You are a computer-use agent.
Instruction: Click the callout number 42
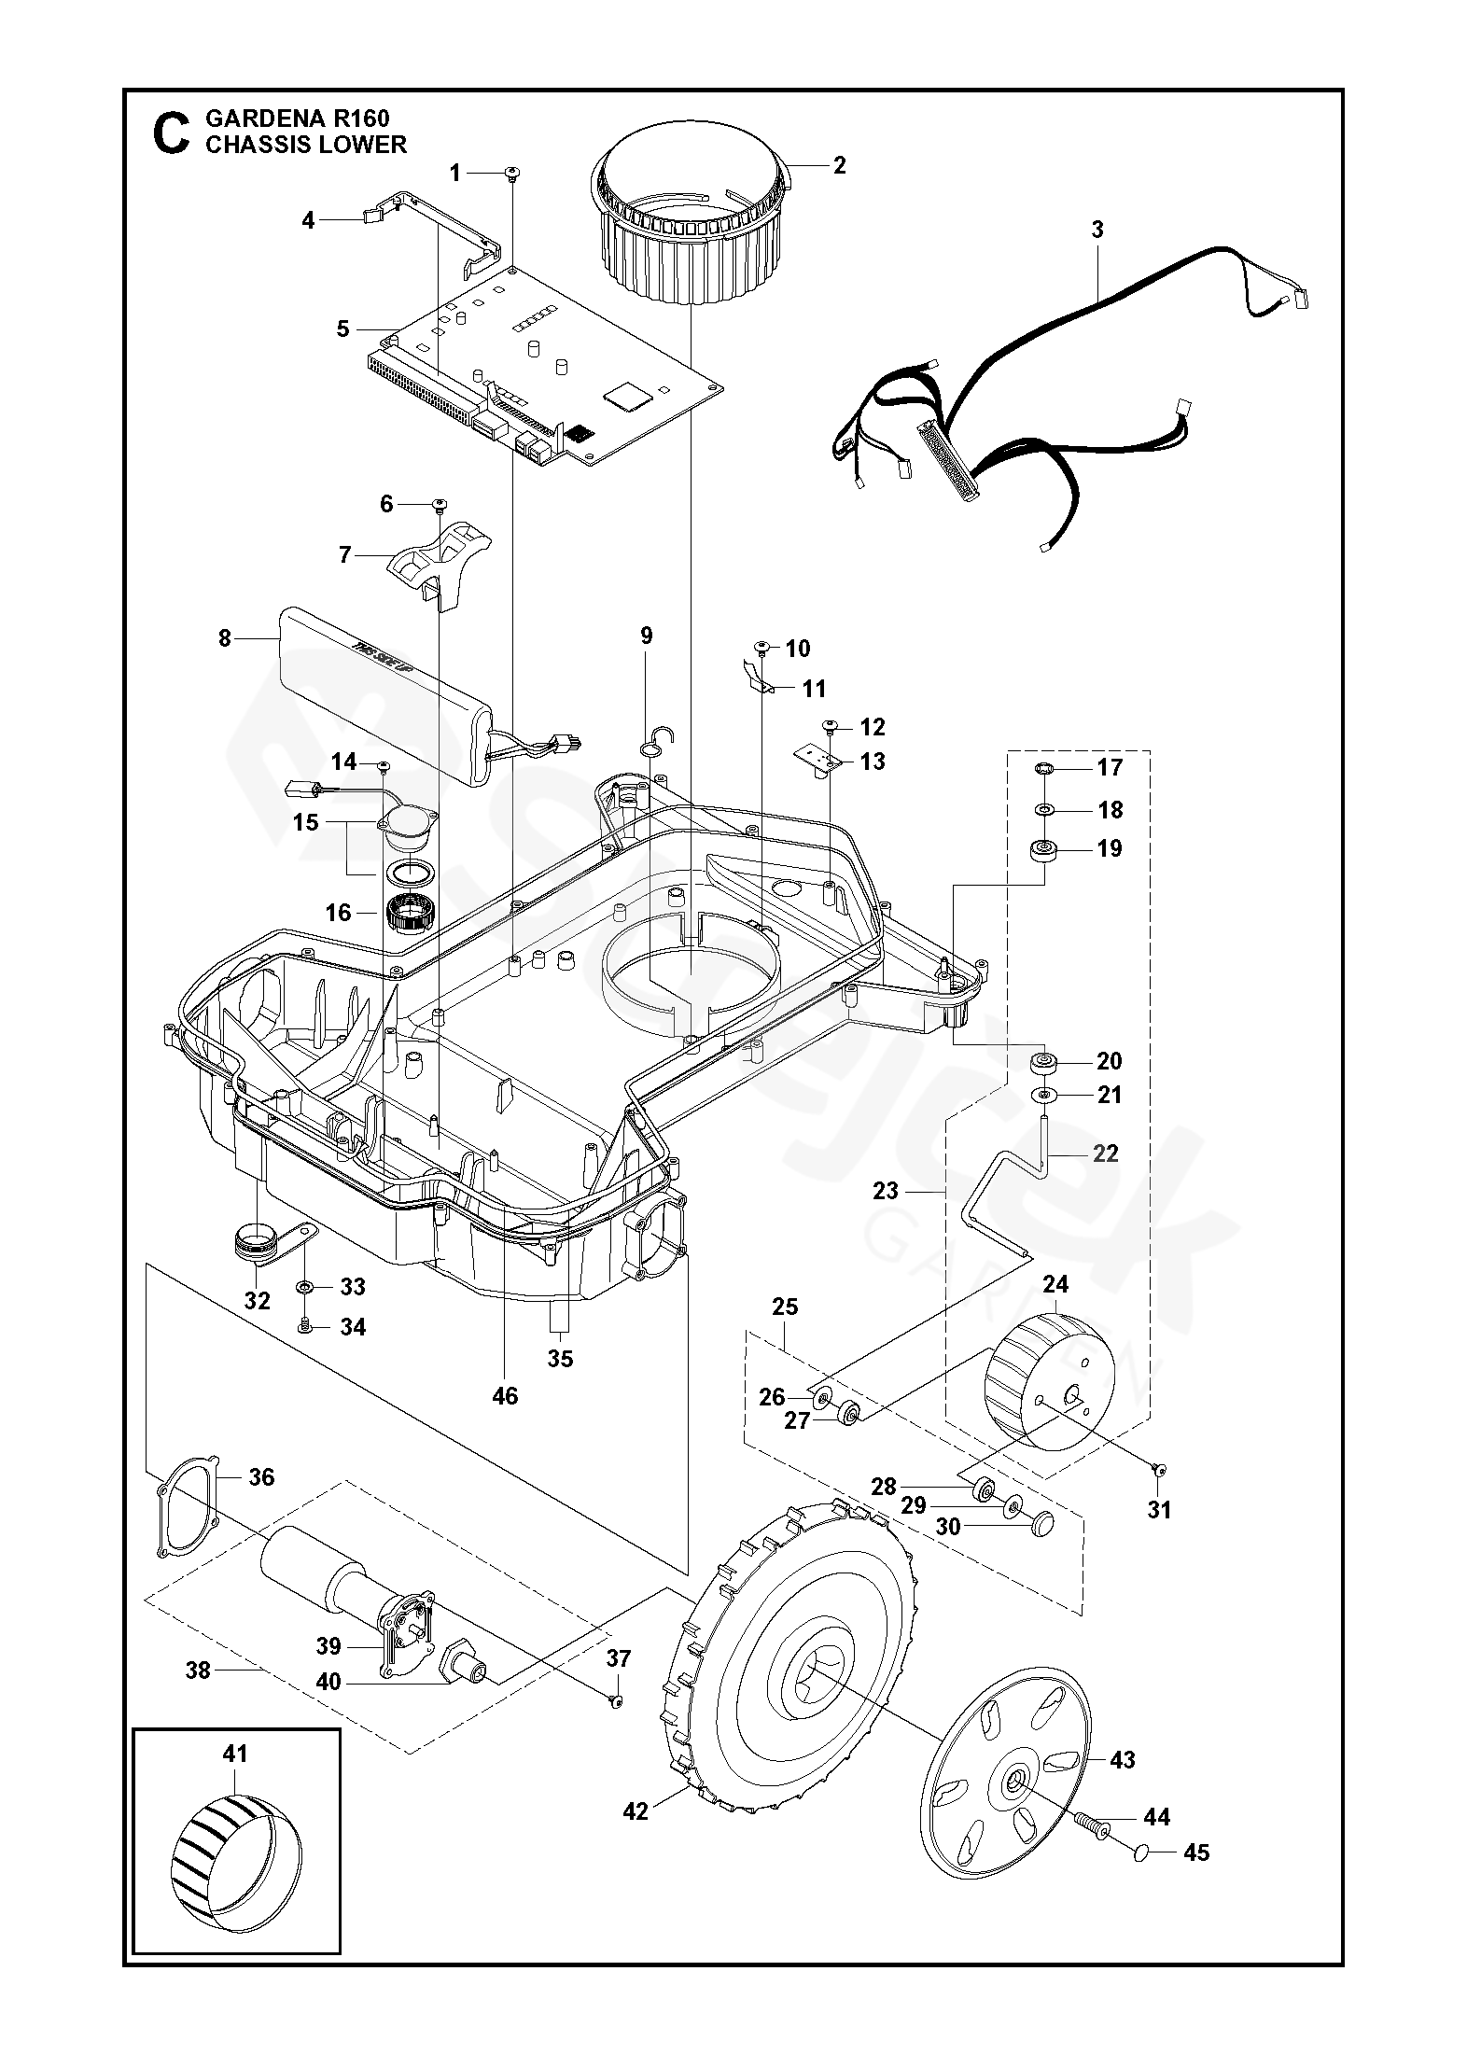pos(636,1811)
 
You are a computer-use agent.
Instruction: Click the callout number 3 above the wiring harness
pos(1097,229)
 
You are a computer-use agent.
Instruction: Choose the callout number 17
pos(1111,767)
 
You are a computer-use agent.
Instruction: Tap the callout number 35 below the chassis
pos(560,1359)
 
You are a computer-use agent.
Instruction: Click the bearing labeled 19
pos(1043,849)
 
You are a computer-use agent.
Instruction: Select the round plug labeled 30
pos(1044,1524)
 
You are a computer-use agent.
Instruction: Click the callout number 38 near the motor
pos(198,1671)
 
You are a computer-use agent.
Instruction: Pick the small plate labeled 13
pos(820,762)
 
